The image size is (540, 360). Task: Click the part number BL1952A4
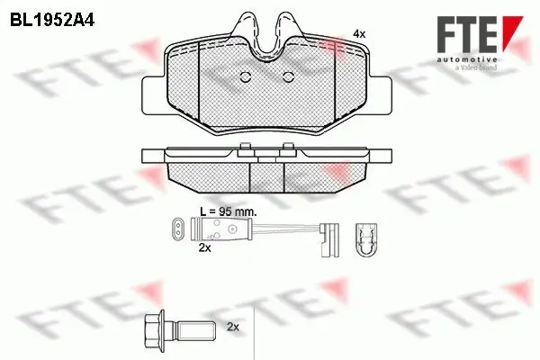point(52,21)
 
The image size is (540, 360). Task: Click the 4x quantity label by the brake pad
point(359,34)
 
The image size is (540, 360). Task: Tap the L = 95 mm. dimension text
point(229,211)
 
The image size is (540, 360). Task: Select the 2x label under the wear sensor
point(204,247)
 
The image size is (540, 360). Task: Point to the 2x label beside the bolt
point(233,327)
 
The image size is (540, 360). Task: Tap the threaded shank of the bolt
point(194,329)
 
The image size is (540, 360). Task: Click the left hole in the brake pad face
point(245,77)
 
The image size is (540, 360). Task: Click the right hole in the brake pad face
point(288,77)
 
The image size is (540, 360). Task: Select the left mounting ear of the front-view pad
point(155,94)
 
